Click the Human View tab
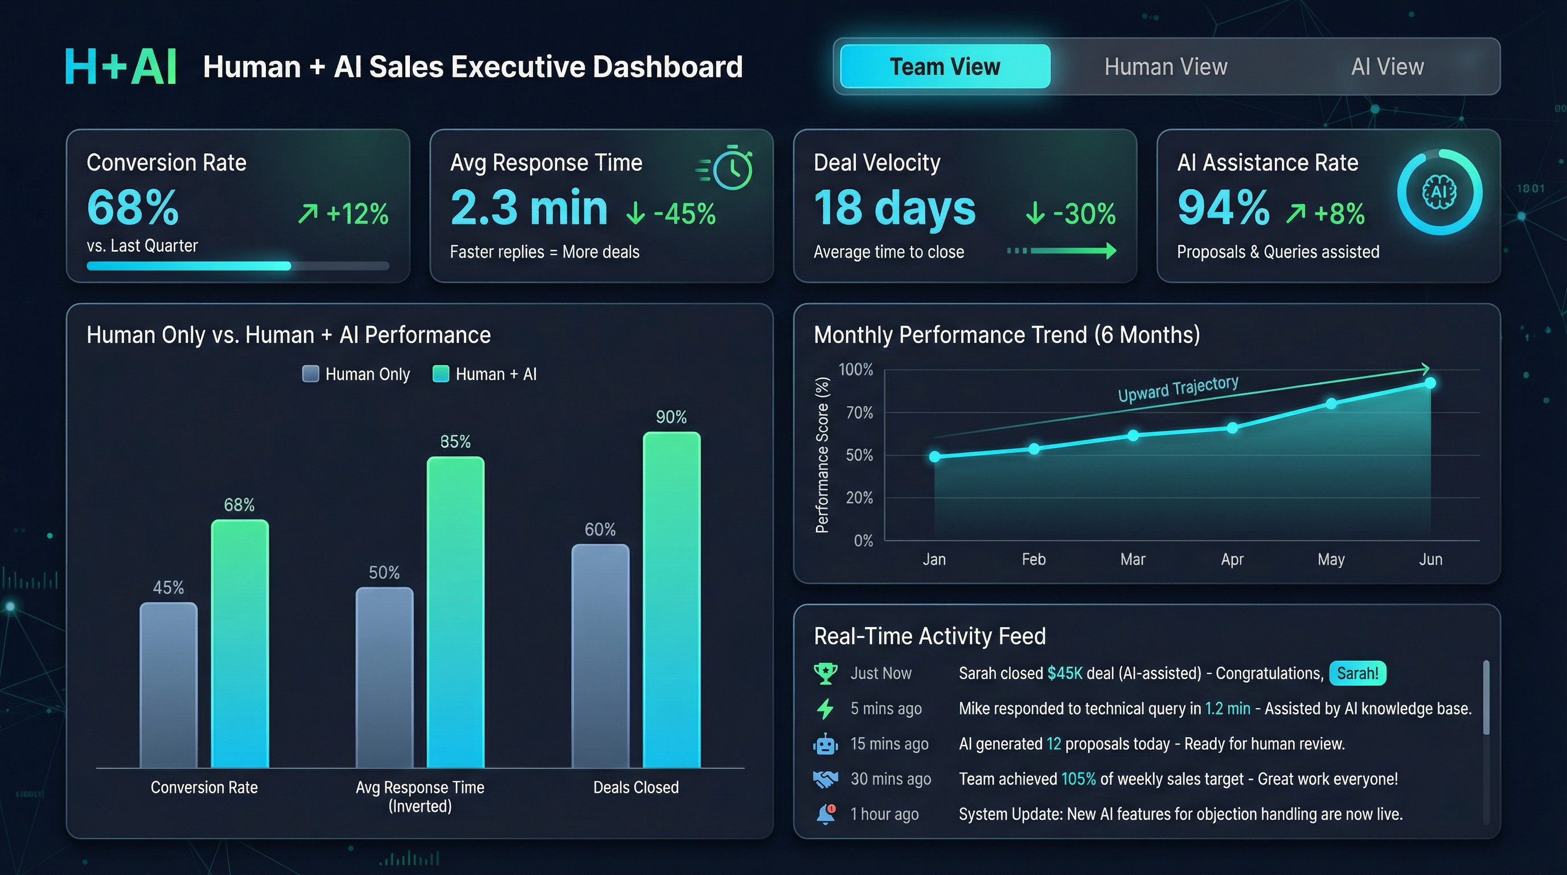click(x=1166, y=66)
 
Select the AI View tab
click(x=1387, y=66)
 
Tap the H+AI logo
click(x=121, y=66)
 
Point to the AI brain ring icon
click(x=1439, y=193)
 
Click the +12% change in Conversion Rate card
click(x=344, y=214)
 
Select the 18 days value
click(x=894, y=207)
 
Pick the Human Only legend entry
click(x=356, y=374)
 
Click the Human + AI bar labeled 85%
click(x=456, y=611)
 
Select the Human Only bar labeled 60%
click(x=600, y=655)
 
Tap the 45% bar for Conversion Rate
click(x=169, y=685)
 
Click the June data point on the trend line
click(x=1430, y=383)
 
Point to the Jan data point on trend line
click(x=934, y=456)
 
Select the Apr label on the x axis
click(x=1232, y=559)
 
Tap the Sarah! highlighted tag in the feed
click(x=1357, y=673)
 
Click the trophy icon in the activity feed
click(x=825, y=673)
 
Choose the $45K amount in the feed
click(x=1065, y=673)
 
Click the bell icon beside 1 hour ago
click(x=825, y=813)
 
